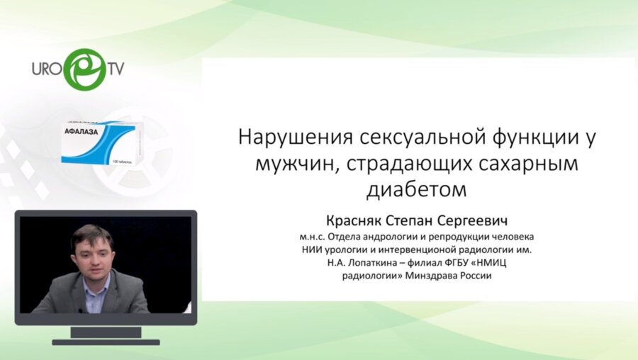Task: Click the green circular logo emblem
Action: point(84,69)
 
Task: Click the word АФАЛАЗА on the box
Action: point(82,130)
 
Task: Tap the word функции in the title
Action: point(528,137)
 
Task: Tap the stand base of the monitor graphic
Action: point(106,342)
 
